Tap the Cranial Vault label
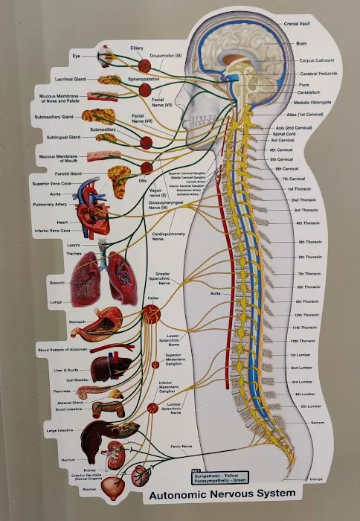[x=298, y=25]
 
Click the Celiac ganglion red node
[x=152, y=315]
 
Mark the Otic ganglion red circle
[x=147, y=168]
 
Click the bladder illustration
[x=115, y=487]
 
